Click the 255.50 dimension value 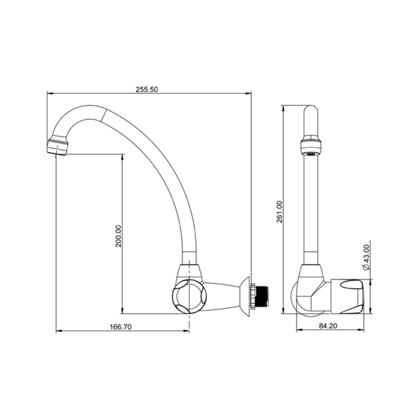pyautogui.click(x=147, y=89)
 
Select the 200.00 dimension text pyautogui.click(x=118, y=236)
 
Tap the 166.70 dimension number pyautogui.click(x=121, y=327)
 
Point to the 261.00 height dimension pyautogui.click(x=279, y=212)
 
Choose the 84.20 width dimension pyautogui.click(x=328, y=325)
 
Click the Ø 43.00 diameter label pyautogui.click(x=366, y=257)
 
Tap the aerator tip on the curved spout pyautogui.click(x=57, y=146)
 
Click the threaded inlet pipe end pyautogui.click(x=263, y=296)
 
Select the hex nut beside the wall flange pyautogui.click(x=253, y=296)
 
